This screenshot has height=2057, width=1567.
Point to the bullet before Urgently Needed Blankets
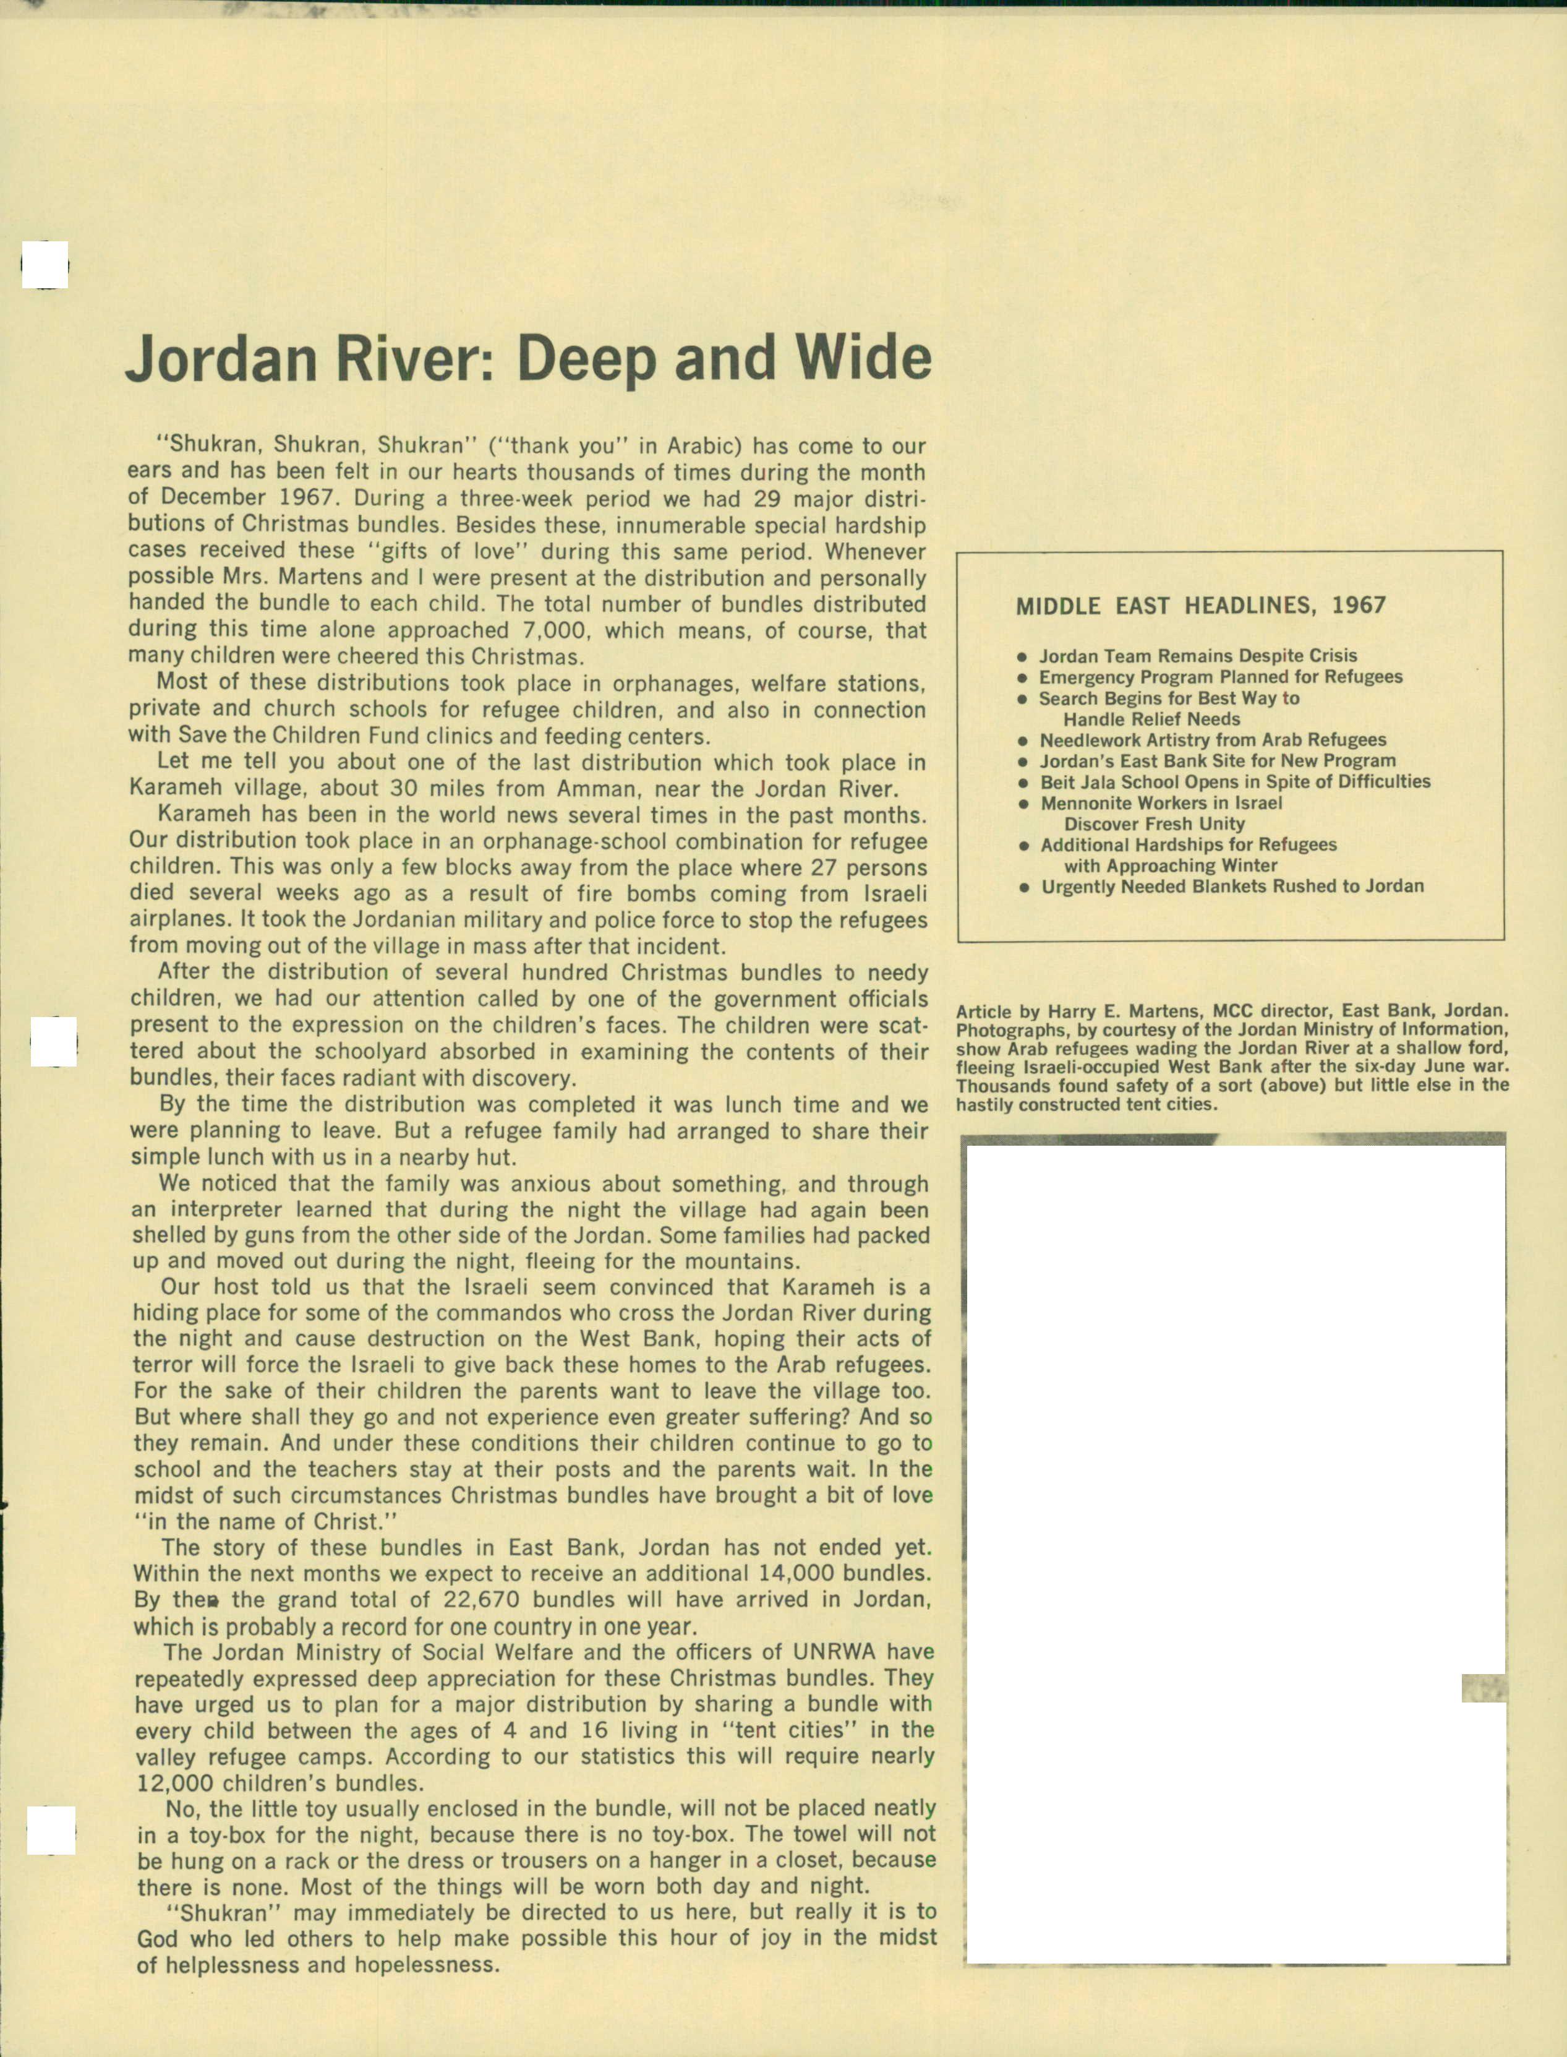[x=1024, y=887]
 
